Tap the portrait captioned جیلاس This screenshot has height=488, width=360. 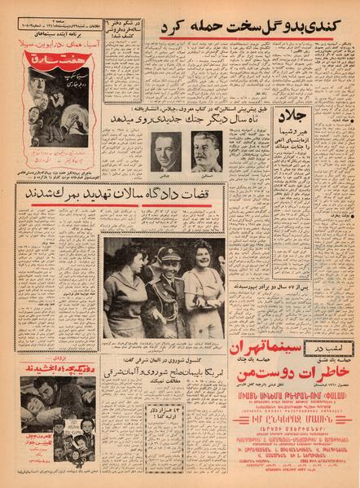pyautogui.click(x=166, y=152)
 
